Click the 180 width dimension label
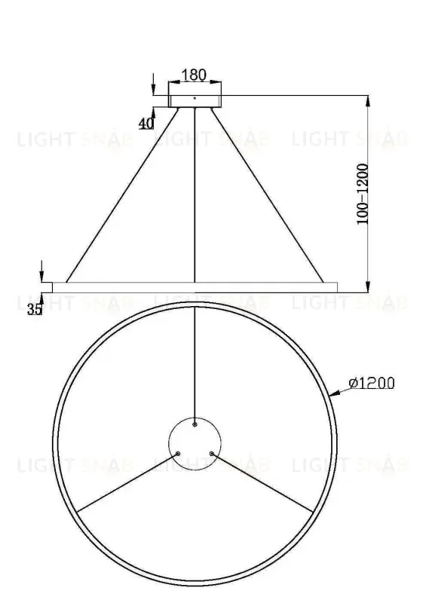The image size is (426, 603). pos(195,75)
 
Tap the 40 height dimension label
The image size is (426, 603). pos(146,122)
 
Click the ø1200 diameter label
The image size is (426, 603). pos(372,384)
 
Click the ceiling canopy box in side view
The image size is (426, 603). pos(195,100)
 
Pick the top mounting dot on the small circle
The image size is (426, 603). pos(195,424)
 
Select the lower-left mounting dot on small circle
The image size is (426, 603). pos(177,454)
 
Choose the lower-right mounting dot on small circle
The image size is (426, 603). pos(212,454)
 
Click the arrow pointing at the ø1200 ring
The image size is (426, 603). pos(339,392)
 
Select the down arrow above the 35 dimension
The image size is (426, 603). pos(42,273)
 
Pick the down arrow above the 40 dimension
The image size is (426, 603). pos(153,83)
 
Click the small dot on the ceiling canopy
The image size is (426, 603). pos(195,97)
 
